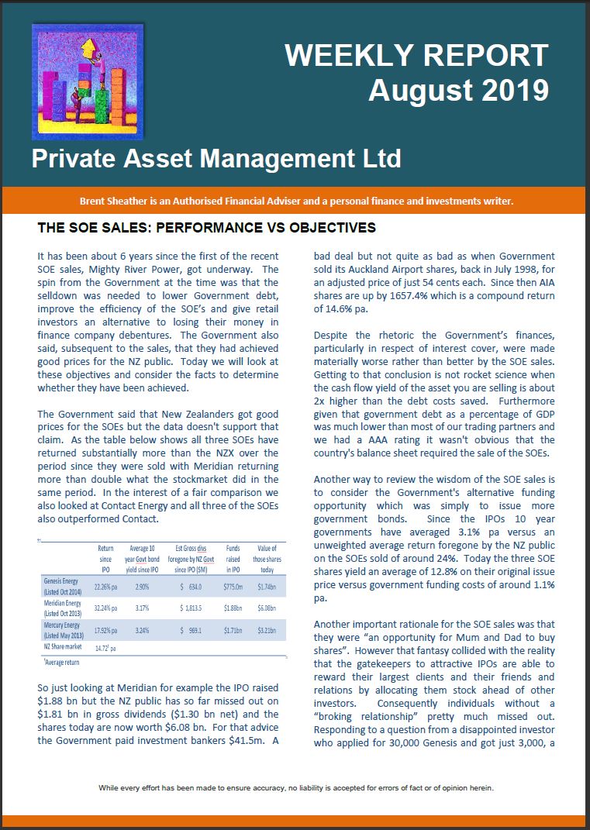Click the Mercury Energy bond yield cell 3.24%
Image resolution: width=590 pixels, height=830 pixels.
(x=142, y=630)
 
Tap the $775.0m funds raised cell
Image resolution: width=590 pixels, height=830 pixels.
(x=233, y=587)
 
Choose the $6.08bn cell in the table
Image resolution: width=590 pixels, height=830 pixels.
(x=267, y=608)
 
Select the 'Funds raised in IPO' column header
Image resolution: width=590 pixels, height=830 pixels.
(x=233, y=557)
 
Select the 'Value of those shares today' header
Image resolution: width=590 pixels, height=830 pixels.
(x=267, y=557)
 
